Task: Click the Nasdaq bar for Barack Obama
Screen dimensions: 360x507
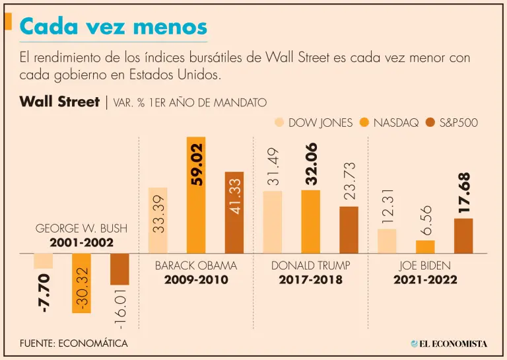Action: [x=196, y=195]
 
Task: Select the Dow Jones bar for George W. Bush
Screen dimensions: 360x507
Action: [x=43, y=261]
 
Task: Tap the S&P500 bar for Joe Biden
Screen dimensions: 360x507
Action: [x=463, y=236]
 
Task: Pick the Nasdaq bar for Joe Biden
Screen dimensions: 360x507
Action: [x=425, y=247]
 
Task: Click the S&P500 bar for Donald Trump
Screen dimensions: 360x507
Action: [x=349, y=230]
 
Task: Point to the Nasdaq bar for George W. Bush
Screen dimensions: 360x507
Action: [x=81, y=283]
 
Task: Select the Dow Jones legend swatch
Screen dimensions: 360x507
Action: [x=279, y=122]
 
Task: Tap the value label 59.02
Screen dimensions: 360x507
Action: [x=196, y=164]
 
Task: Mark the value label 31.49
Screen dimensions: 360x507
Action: [x=273, y=166]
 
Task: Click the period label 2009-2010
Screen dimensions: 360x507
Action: [x=196, y=280]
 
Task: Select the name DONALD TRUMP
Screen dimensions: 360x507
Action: [x=310, y=266]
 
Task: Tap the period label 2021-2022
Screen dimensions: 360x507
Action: [x=425, y=280]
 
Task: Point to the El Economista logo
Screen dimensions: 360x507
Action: [x=448, y=343]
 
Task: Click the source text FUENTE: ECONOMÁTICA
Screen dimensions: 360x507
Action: [x=73, y=343]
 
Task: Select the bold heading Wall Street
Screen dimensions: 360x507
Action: [x=59, y=102]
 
